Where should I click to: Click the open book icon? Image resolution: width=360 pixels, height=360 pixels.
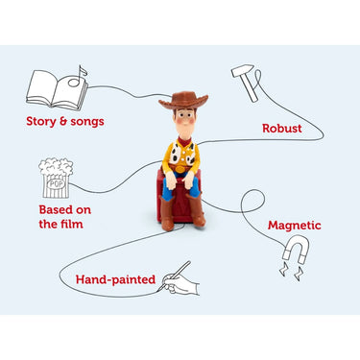click(x=57, y=90)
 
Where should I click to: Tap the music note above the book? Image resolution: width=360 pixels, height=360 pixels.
click(x=78, y=76)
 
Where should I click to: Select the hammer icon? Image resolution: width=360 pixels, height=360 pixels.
click(x=247, y=83)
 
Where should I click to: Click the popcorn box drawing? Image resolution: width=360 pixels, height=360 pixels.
click(x=56, y=179)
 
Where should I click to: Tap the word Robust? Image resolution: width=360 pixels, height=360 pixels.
click(x=282, y=129)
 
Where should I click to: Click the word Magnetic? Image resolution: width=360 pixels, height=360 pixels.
click(x=295, y=226)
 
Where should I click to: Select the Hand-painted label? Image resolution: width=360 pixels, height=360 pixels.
click(x=115, y=279)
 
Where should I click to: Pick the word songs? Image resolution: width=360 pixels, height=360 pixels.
click(x=87, y=122)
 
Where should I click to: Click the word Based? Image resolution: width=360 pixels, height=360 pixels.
click(x=55, y=210)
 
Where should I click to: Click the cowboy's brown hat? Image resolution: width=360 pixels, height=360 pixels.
click(x=183, y=100)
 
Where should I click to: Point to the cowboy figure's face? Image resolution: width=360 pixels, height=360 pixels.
click(x=184, y=120)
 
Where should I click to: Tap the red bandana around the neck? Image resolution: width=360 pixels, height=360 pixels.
click(x=184, y=141)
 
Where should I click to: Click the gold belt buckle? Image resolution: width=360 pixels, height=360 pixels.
click(x=180, y=169)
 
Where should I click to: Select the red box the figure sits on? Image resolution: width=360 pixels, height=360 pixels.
click(x=180, y=198)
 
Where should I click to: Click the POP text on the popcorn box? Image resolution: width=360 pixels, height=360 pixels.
click(x=57, y=184)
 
